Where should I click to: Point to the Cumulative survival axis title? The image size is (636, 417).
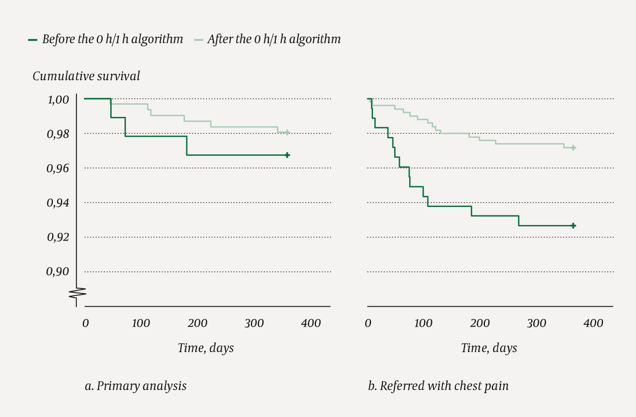click(x=86, y=76)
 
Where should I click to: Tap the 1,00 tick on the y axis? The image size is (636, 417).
click(x=58, y=100)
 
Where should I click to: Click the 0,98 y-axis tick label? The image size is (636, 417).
click(x=58, y=134)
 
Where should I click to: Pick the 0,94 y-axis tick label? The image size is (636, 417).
click(x=58, y=203)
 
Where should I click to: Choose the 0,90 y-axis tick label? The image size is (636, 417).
click(x=58, y=271)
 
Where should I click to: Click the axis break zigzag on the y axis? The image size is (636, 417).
click(x=77, y=293)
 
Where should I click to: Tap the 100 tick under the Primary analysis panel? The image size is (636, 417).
click(x=141, y=323)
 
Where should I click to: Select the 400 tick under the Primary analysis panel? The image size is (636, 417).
click(x=311, y=323)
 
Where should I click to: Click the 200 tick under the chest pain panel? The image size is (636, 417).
click(x=480, y=323)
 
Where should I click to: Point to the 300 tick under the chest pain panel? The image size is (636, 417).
click(x=536, y=323)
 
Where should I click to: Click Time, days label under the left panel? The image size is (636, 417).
click(x=206, y=348)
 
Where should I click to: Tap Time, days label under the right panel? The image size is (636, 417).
click(x=489, y=348)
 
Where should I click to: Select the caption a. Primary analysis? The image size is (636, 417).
click(x=135, y=386)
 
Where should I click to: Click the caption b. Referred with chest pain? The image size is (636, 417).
click(x=438, y=386)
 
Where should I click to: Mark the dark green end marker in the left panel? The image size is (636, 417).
click(x=287, y=155)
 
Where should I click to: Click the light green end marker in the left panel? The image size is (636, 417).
click(x=287, y=132)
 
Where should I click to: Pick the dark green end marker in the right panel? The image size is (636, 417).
click(x=573, y=225)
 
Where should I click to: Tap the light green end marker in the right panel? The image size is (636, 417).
click(x=573, y=148)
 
